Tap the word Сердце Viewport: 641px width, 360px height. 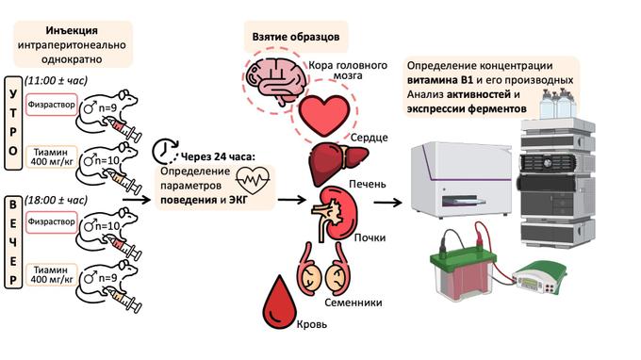pyautogui.click(x=370, y=138)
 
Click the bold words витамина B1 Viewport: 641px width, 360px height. pyautogui.click(x=443, y=81)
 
